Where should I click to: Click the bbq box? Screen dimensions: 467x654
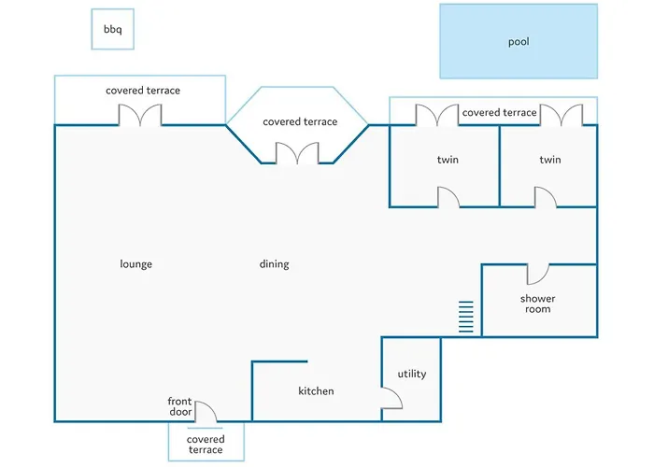point(113,30)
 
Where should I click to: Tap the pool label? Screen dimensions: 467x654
point(519,42)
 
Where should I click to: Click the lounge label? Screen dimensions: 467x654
point(136,264)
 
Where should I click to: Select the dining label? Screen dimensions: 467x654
point(274,264)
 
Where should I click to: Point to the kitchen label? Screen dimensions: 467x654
point(316,391)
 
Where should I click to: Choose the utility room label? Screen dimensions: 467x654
point(411,375)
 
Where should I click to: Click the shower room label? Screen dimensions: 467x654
point(537,304)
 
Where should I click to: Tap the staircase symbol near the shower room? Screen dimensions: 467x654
point(465,318)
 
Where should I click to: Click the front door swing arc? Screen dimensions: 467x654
point(207,411)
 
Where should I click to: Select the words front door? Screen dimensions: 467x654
point(180,407)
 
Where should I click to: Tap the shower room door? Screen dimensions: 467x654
point(537,274)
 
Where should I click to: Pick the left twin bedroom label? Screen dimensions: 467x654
point(448,160)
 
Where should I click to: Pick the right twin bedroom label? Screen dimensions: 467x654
point(550,160)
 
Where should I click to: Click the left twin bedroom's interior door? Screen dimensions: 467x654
point(448,196)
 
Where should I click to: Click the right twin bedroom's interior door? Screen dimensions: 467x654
point(545,196)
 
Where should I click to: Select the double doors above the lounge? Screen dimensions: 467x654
point(140,115)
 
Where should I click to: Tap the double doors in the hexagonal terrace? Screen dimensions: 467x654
point(298,153)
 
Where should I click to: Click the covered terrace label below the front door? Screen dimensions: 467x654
point(206,445)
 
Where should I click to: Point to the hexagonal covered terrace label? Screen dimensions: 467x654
point(300,122)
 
